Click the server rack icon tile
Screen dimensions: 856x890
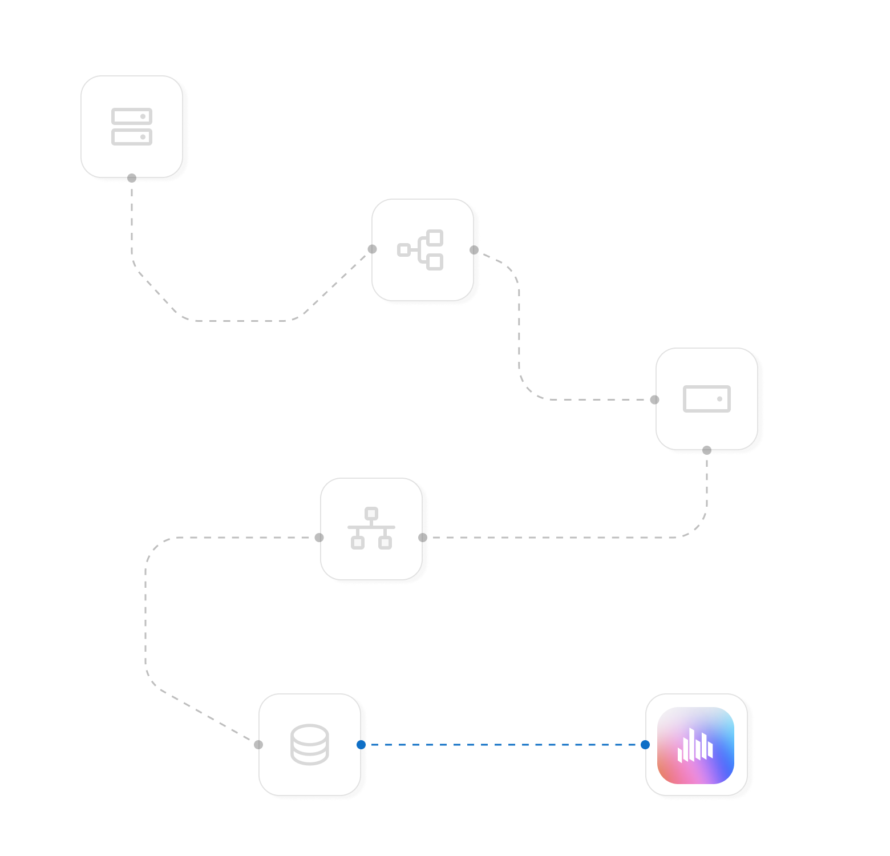(x=132, y=127)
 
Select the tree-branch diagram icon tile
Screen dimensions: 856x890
(x=422, y=250)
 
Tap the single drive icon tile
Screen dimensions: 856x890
(x=707, y=399)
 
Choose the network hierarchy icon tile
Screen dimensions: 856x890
(x=371, y=529)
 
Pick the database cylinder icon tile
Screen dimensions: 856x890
(x=310, y=745)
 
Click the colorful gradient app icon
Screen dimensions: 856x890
(x=696, y=745)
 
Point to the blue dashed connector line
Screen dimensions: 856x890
(x=502, y=745)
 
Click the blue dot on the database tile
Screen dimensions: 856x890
(x=361, y=745)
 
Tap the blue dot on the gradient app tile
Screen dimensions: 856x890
(x=645, y=745)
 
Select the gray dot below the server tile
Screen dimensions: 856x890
(x=132, y=178)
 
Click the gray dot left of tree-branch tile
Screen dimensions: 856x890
(x=372, y=249)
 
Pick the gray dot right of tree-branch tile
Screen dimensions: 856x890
(x=474, y=250)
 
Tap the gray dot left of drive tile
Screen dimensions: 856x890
(x=654, y=399)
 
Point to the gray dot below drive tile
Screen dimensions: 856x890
(x=707, y=450)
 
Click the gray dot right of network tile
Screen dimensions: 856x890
(x=423, y=538)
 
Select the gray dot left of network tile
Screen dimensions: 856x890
(x=319, y=538)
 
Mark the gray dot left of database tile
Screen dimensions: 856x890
(x=258, y=745)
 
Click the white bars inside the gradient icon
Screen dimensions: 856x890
(x=695, y=746)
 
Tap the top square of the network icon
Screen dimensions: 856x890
(x=371, y=514)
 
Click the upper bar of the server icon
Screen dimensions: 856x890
(x=132, y=116)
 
